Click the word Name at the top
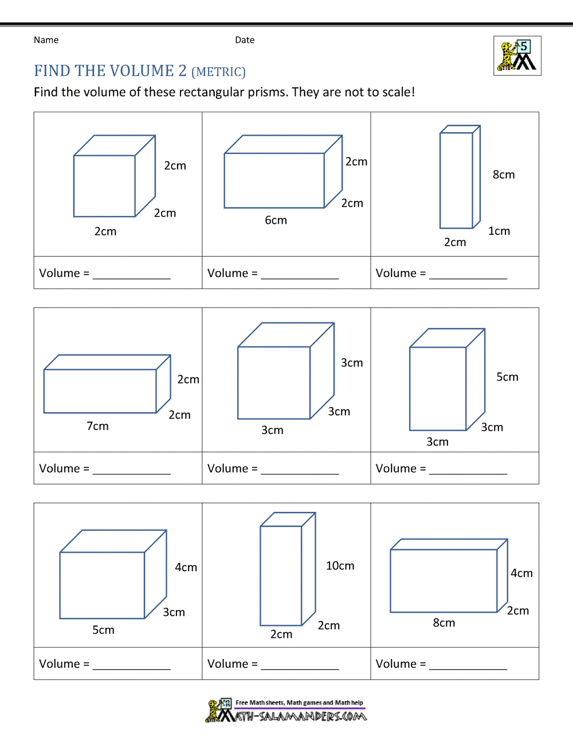tap(46, 40)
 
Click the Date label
tap(245, 40)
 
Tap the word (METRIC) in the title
tap(218, 72)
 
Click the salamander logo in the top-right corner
tap(517, 56)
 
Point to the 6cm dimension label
tap(276, 220)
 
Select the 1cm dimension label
tap(499, 231)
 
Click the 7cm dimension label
tap(97, 426)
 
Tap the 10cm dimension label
tap(340, 566)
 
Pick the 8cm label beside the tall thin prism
tap(504, 175)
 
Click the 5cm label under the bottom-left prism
tap(103, 630)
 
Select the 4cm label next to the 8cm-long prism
tap(521, 573)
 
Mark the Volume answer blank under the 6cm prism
tap(300, 274)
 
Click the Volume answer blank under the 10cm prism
tap(300, 664)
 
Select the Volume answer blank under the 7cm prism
tap(131, 469)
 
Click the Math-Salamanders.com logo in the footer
tap(286, 711)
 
